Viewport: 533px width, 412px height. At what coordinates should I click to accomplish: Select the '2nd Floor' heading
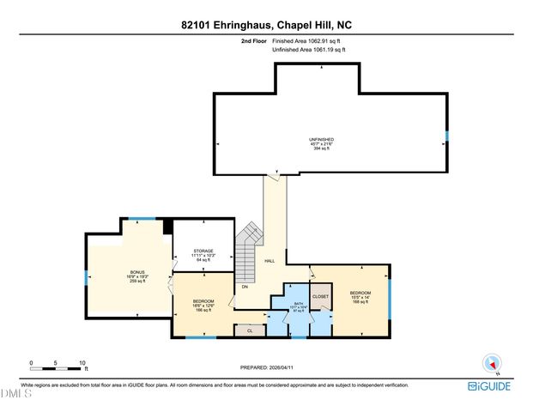click(255, 40)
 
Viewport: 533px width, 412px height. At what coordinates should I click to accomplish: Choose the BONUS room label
click(137, 276)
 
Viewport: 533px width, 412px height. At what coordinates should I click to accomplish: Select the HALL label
click(270, 261)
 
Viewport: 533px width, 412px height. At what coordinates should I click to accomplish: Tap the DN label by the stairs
click(245, 286)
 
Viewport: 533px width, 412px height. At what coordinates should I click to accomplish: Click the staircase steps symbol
click(248, 245)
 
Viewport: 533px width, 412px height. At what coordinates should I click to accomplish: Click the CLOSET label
click(320, 296)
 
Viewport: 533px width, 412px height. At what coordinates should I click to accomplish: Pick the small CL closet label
click(250, 329)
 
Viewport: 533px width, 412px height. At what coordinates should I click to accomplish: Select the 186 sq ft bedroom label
click(203, 304)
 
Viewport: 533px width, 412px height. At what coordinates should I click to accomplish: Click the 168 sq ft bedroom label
click(359, 297)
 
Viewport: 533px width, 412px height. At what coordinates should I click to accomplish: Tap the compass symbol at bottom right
click(493, 364)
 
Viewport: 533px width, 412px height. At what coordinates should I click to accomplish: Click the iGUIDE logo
click(492, 387)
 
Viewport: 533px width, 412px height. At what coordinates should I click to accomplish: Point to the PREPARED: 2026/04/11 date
click(266, 368)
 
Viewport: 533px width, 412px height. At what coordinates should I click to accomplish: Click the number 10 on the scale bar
click(82, 363)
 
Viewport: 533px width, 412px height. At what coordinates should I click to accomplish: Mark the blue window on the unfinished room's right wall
click(446, 136)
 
